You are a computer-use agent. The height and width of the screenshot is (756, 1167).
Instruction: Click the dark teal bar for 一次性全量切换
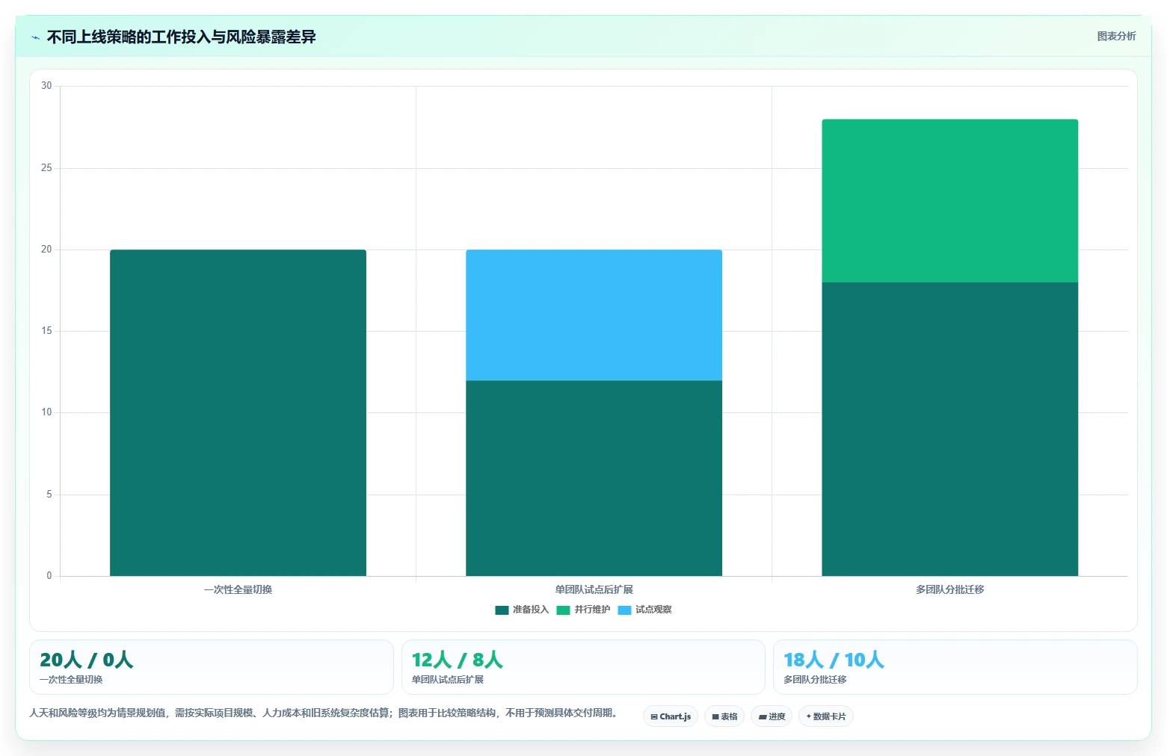coord(238,412)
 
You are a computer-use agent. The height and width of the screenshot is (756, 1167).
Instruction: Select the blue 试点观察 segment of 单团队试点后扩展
coord(594,315)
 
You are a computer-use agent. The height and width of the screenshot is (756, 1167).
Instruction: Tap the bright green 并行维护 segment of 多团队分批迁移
coord(949,201)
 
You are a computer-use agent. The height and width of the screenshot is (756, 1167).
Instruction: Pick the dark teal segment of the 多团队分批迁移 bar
coord(949,429)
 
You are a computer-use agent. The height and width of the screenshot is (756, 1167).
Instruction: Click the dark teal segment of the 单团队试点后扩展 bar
coord(594,478)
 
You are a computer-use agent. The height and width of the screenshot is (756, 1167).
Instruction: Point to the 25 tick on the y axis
coord(46,167)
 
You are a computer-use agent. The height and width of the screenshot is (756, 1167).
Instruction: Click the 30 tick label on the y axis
coord(46,85)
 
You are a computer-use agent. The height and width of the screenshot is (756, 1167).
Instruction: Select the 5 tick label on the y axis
coord(49,494)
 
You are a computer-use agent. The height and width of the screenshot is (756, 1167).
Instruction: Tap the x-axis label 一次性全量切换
coord(238,589)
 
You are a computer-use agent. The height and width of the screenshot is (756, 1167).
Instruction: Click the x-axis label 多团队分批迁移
coord(949,589)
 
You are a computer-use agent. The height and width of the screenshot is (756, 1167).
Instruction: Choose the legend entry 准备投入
coord(522,610)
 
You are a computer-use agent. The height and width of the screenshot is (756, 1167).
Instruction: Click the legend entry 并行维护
coord(583,610)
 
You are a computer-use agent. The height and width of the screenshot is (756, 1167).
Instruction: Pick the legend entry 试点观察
coord(645,610)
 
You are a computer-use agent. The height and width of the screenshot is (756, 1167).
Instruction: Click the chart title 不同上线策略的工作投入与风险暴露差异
coord(182,37)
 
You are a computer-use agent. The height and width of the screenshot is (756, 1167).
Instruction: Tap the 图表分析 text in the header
coord(1116,37)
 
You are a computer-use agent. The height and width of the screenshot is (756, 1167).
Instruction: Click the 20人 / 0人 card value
coord(87,660)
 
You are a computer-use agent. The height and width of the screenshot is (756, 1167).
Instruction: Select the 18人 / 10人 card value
coord(834,660)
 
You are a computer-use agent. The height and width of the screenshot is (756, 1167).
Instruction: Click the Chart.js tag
coord(671,716)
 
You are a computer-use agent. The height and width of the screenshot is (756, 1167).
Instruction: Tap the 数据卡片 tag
coord(826,716)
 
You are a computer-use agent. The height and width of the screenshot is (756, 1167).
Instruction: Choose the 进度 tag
coord(772,716)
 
